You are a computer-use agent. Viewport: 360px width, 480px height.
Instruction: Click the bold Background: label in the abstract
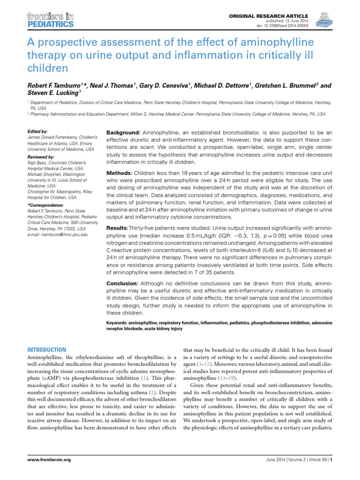[x=123, y=133]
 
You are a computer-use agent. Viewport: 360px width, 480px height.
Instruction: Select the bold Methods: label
[x=120, y=174]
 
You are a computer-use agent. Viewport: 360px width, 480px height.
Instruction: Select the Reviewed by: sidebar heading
[x=41, y=156]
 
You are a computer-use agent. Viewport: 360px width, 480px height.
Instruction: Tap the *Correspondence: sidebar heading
[x=45, y=205]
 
